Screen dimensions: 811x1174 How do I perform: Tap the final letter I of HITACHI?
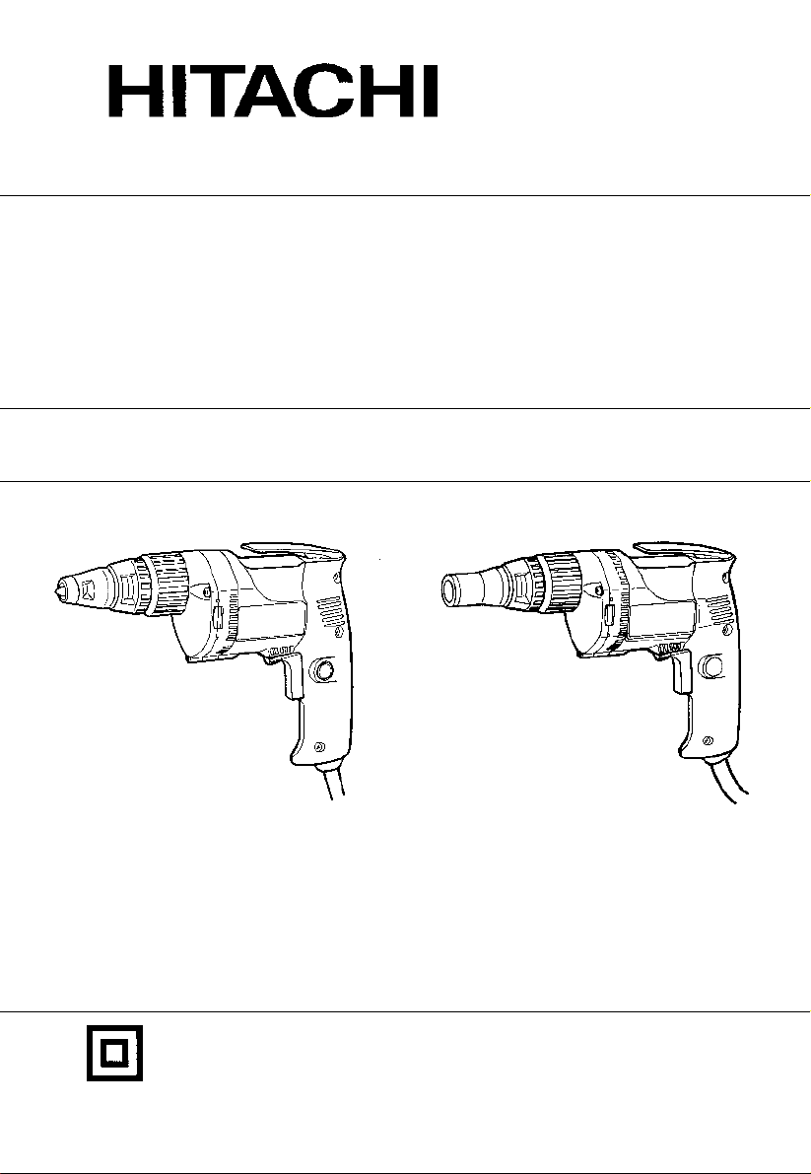(431, 92)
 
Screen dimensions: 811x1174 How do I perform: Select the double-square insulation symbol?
(114, 1053)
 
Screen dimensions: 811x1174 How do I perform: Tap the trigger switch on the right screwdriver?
(682, 670)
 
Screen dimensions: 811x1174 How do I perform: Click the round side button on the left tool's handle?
(323, 669)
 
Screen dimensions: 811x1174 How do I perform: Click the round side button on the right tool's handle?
(712, 664)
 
